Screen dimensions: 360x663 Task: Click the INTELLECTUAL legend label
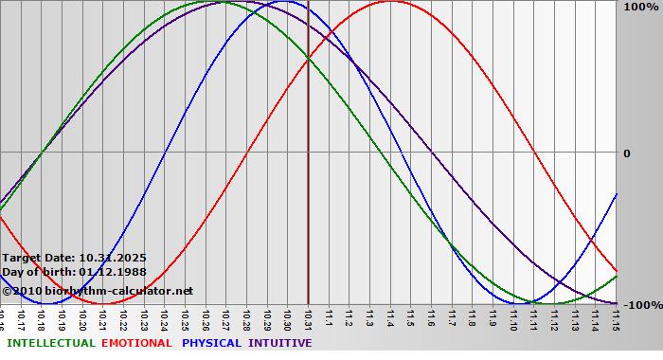tap(50, 343)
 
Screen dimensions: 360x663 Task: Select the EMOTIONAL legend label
tap(136, 343)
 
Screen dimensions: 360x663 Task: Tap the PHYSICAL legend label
tap(211, 343)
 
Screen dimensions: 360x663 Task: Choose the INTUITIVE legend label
tap(279, 343)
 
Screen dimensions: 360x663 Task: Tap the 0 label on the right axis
tap(626, 153)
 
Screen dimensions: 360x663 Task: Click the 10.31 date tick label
tap(308, 319)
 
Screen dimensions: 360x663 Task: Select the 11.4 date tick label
tap(389, 319)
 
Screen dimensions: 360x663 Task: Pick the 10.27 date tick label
tap(225, 319)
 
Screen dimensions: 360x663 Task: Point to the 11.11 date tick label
tap(533, 319)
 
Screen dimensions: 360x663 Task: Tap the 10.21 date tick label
tap(102, 319)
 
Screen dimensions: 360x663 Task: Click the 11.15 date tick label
tap(616, 319)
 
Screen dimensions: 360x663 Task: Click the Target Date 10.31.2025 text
tap(74, 258)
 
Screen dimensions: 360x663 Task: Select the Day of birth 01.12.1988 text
tap(74, 273)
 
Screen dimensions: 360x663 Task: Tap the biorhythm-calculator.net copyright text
tap(97, 290)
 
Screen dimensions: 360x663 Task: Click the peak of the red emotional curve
tap(390, 2)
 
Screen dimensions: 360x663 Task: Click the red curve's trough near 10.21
tap(102, 303)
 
